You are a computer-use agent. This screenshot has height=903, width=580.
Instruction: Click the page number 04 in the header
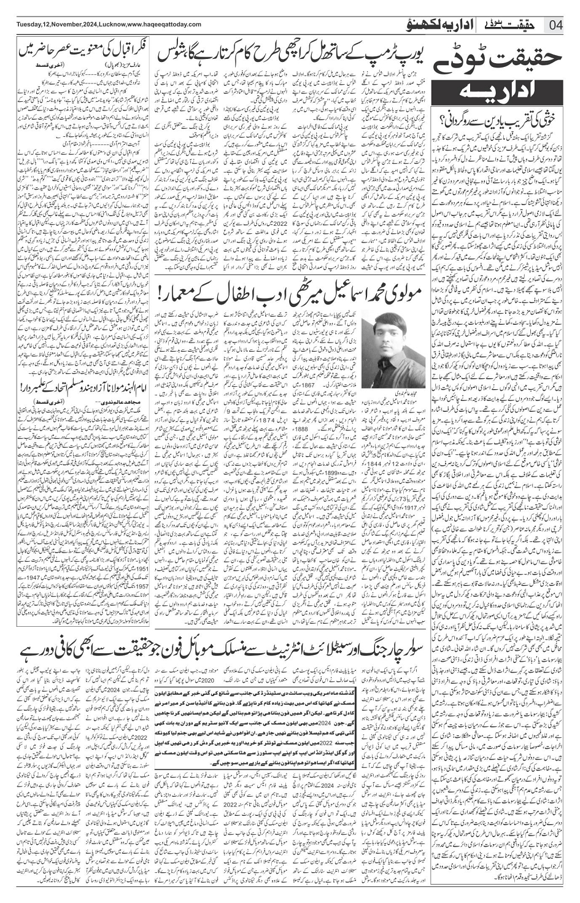(557, 25)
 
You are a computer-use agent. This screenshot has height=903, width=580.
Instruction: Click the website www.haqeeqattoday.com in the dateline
(166, 24)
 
